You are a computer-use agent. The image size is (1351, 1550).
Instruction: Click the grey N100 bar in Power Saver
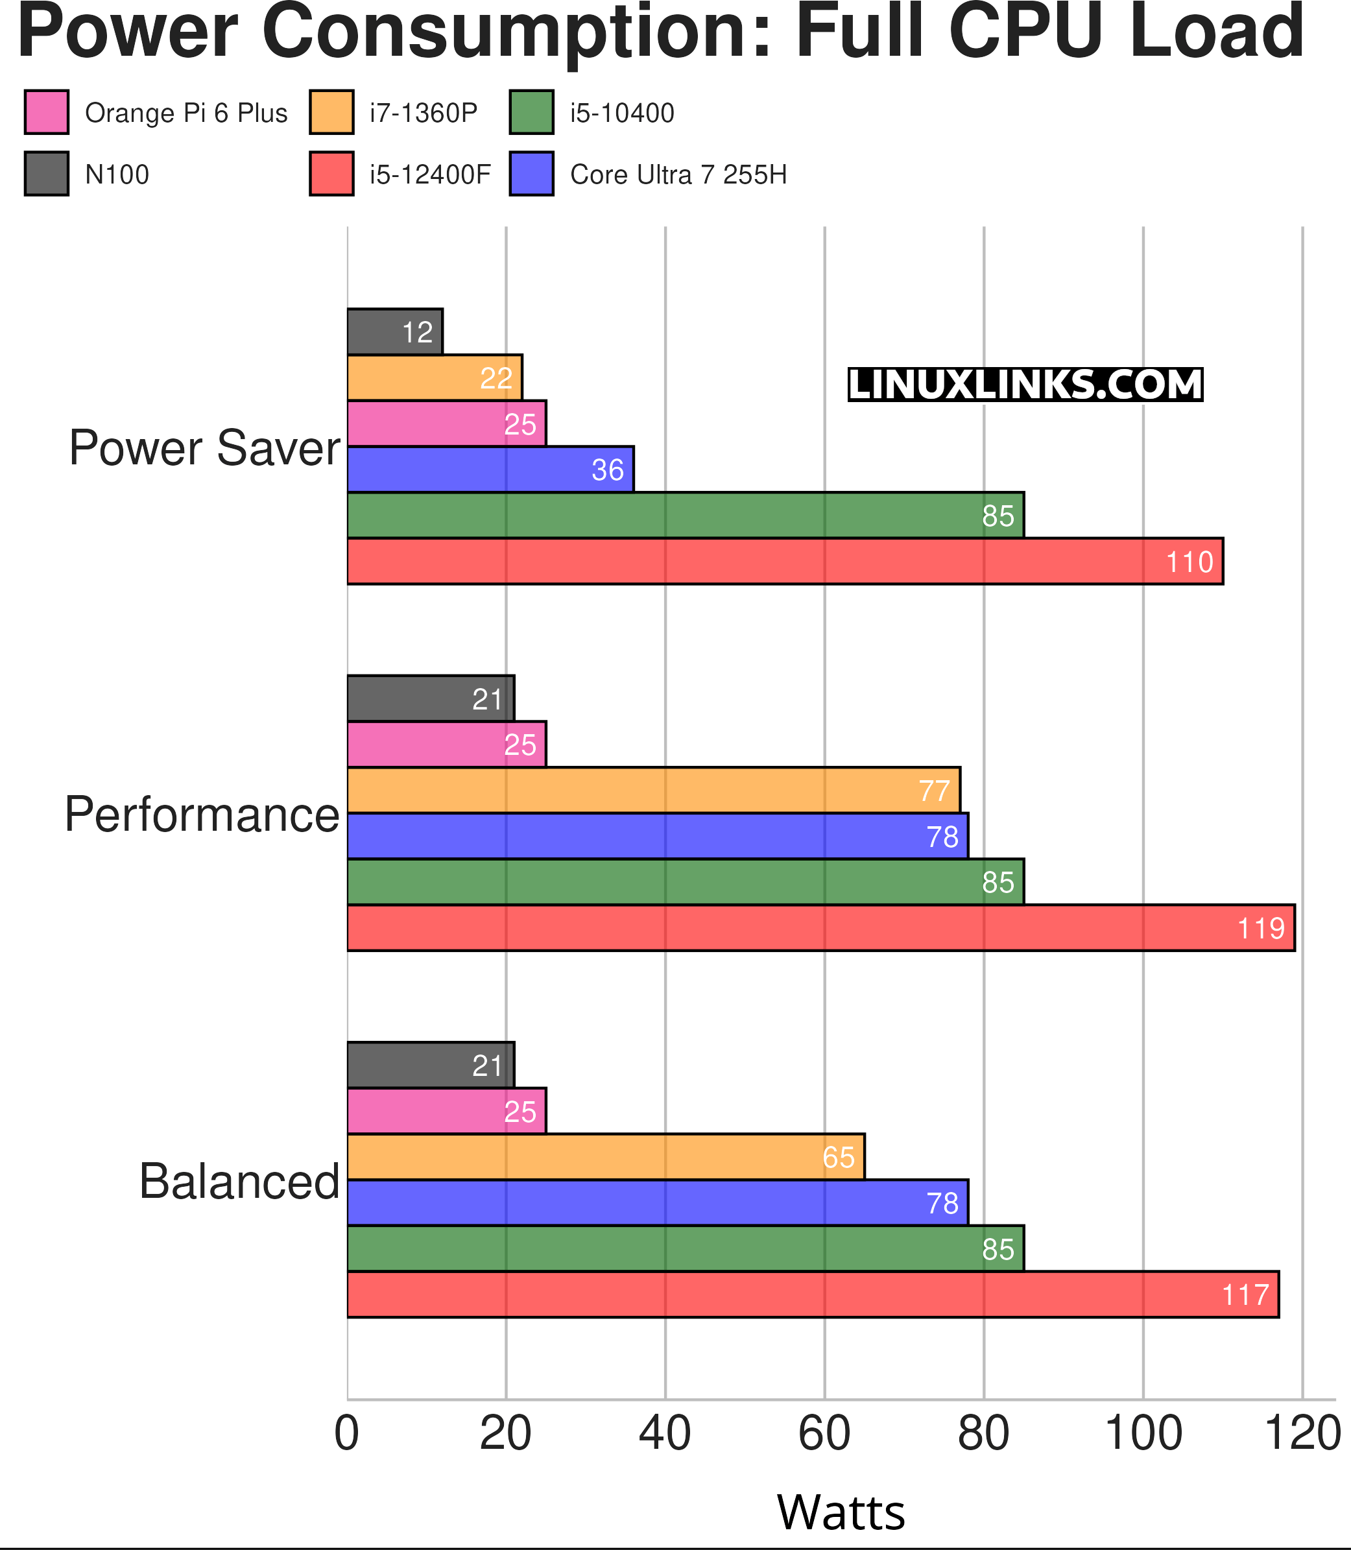point(394,331)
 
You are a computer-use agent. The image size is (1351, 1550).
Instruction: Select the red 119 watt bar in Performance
point(820,927)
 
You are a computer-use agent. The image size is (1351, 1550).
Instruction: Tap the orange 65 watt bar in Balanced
point(605,1156)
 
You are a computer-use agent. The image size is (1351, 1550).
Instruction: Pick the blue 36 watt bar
point(490,470)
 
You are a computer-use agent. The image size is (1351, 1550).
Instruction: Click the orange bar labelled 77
point(653,790)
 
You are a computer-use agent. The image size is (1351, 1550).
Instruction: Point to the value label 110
point(1190,562)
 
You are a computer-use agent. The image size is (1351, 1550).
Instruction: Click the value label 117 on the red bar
point(1245,1295)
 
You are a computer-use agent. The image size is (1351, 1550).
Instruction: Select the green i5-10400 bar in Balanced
point(684,1248)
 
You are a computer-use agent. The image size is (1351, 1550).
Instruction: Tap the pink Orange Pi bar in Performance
point(446,745)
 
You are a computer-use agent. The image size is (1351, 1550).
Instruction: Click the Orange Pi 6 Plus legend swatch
point(47,112)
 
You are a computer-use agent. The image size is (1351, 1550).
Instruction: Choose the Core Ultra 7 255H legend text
point(678,175)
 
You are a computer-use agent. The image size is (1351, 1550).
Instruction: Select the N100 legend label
point(117,175)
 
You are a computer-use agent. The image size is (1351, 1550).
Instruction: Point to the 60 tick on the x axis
point(824,1434)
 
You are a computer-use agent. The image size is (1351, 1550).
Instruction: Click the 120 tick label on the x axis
point(1302,1434)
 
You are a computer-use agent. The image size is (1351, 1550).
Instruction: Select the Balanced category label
point(239,1182)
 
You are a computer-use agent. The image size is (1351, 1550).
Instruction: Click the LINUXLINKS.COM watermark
point(1025,385)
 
